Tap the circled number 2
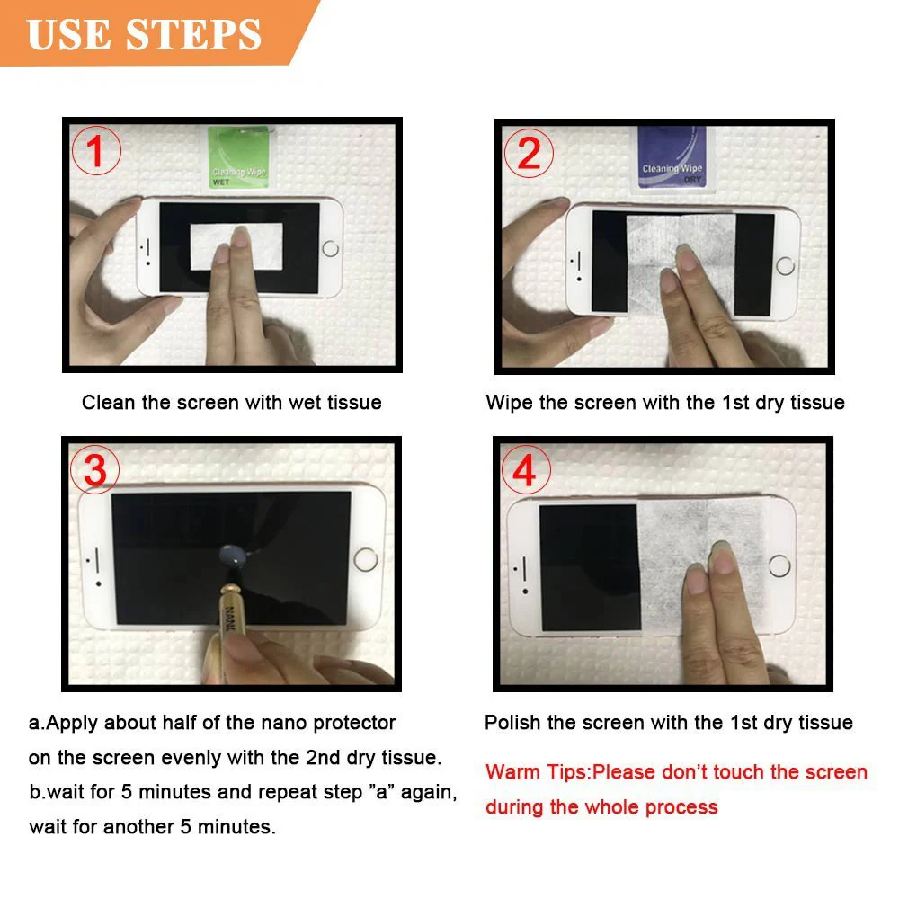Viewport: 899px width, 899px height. [529, 154]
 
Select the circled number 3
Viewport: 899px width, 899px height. [95, 470]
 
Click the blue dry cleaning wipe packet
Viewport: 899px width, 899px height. [672, 157]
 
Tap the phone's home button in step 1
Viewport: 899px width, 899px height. [330, 247]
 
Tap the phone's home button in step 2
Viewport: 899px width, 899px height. [785, 265]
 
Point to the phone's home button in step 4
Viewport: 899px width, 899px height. [780, 566]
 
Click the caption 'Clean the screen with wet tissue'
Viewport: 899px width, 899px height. [231, 403]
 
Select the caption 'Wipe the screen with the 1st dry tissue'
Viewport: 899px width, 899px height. [664, 403]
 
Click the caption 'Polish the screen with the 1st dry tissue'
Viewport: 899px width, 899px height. [668, 723]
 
